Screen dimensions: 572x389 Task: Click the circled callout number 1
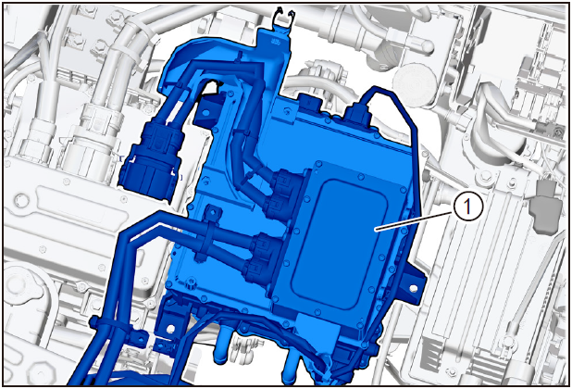click(467, 207)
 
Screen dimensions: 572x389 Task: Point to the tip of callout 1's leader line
click(376, 230)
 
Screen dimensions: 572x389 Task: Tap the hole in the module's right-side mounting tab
click(414, 288)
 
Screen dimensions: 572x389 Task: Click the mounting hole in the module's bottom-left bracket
click(170, 329)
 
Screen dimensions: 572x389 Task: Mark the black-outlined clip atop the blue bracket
click(284, 16)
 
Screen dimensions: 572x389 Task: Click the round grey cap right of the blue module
click(415, 83)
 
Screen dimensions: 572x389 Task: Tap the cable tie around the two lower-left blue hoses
click(109, 324)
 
